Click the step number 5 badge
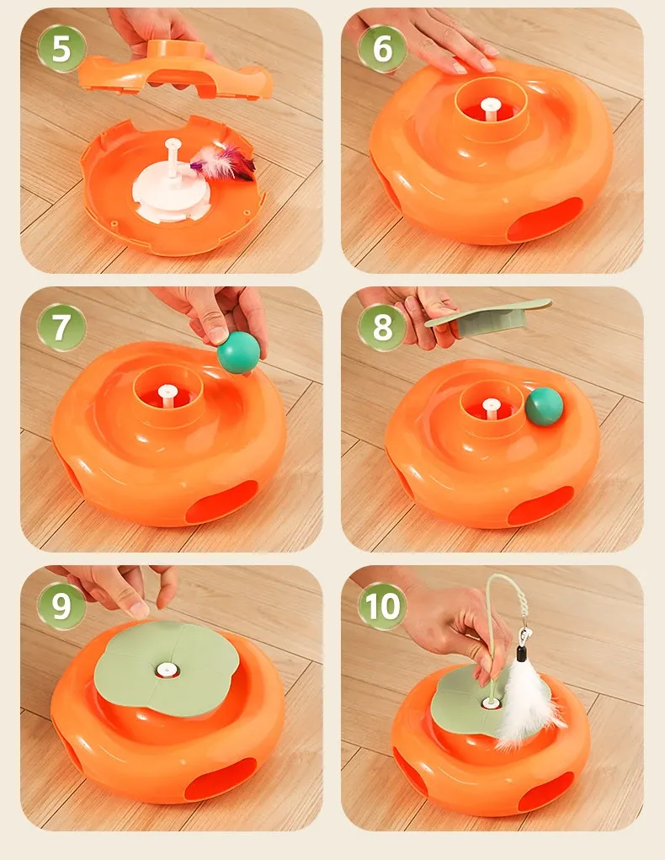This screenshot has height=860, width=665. (61, 48)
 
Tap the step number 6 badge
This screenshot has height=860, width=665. (382, 48)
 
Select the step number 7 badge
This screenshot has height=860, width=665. (61, 327)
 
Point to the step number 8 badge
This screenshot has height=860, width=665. (382, 327)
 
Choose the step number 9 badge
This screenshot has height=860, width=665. (61, 605)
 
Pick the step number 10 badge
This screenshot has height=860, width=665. (382, 605)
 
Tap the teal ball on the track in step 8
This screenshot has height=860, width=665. (545, 407)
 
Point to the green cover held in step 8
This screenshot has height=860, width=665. (488, 318)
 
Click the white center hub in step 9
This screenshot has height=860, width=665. (167, 670)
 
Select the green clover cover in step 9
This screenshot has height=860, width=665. (167, 669)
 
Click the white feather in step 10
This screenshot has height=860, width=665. (525, 702)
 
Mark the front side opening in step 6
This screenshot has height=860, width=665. (545, 220)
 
